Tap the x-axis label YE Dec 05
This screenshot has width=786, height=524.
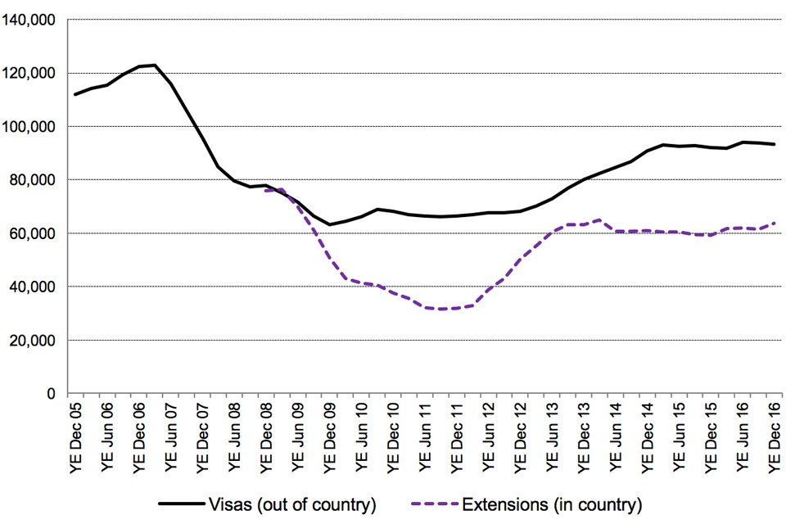click(76, 437)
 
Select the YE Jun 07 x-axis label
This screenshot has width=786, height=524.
click(171, 437)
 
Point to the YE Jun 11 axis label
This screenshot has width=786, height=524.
click(426, 437)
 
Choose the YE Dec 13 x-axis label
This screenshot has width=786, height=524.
click(585, 437)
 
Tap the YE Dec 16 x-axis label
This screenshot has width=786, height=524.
click(775, 437)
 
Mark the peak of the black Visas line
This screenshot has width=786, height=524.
click(155, 65)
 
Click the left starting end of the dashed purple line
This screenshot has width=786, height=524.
click(266, 191)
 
